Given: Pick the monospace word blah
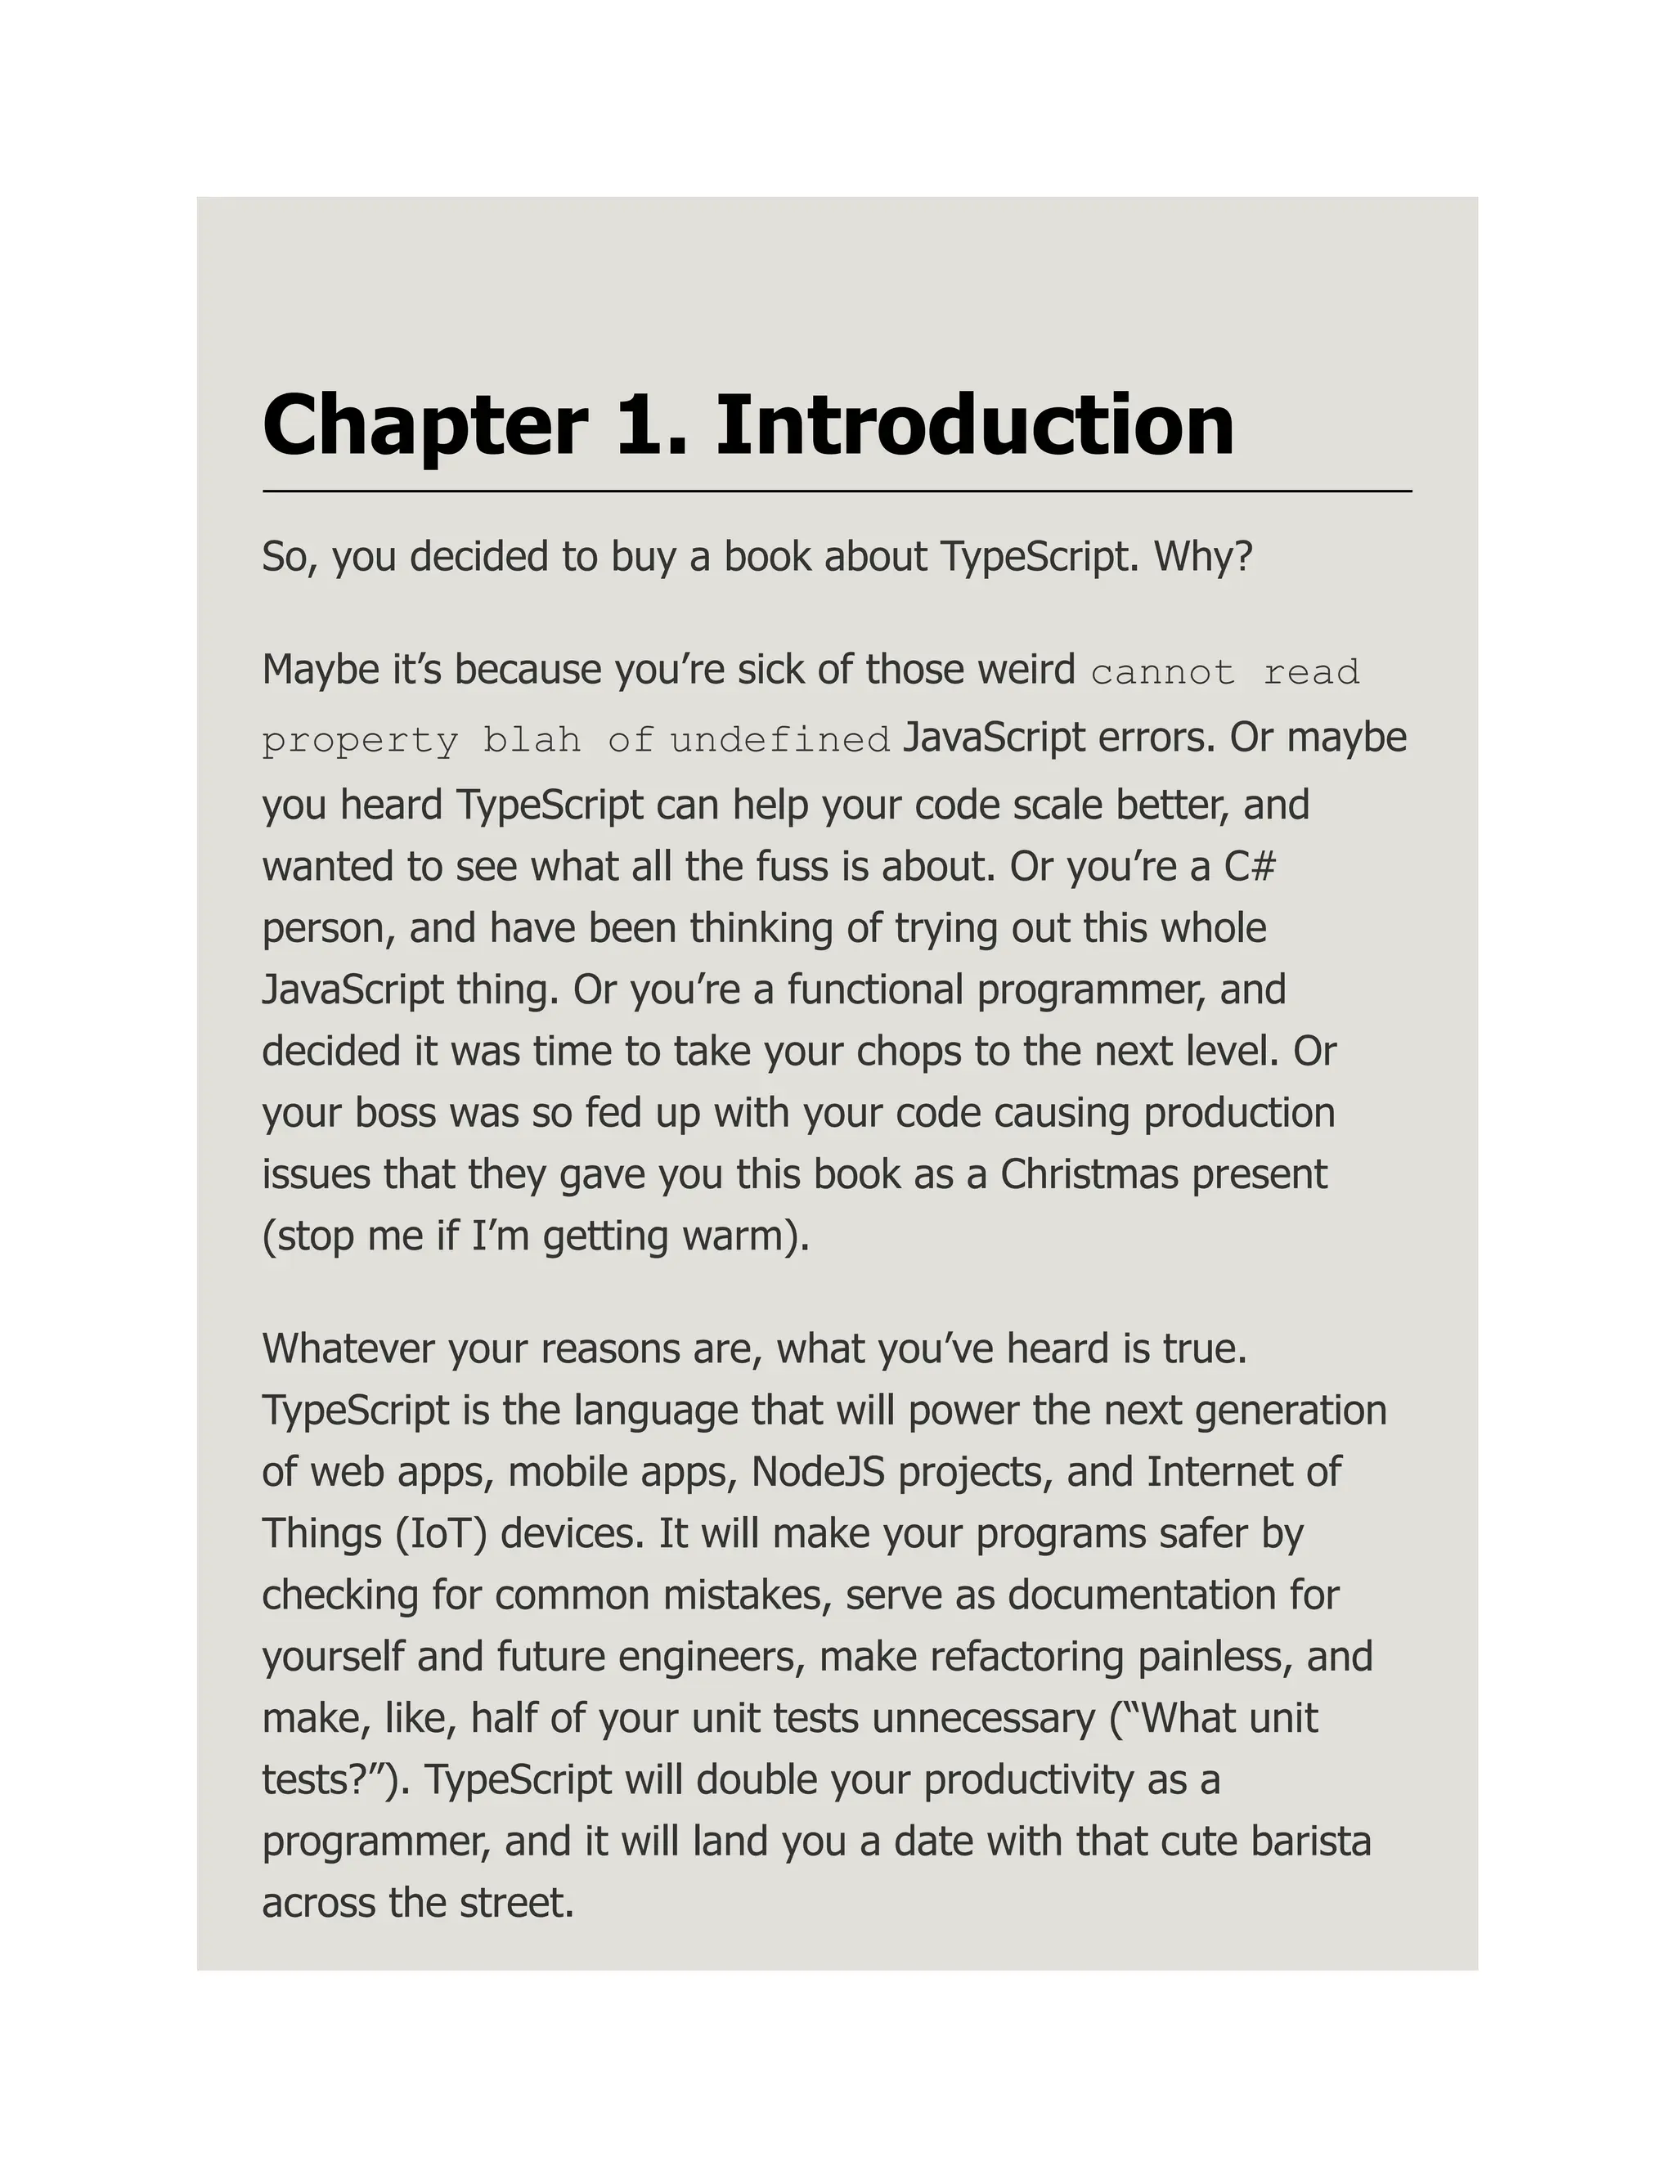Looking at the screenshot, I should (x=531, y=740).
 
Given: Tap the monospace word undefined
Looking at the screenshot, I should (x=780, y=740).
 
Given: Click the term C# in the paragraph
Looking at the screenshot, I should (x=1250, y=867).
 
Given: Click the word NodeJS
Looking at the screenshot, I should (x=818, y=1473).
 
